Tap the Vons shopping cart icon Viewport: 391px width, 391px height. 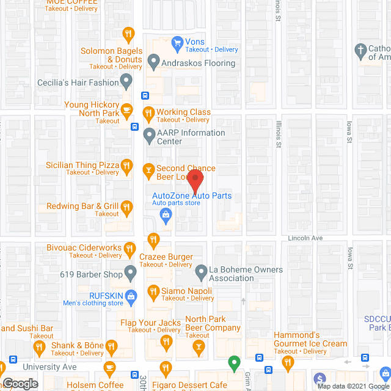[x=178, y=42]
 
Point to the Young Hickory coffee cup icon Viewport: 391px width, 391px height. [x=126, y=110]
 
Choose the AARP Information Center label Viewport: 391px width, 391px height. [x=191, y=137]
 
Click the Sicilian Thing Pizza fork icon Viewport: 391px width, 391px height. [x=126, y=165]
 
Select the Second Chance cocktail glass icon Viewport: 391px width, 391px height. [x=148, y=169]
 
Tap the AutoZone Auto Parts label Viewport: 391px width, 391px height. [x=192, y=195]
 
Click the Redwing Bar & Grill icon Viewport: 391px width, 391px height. [x=126, y=206]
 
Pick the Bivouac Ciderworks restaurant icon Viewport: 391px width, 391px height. [x=130, y=248]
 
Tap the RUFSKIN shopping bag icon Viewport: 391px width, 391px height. [x=130, y=296]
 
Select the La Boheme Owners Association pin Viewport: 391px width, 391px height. [x=202, y=270]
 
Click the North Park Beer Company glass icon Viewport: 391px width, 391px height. [x=198, y=347]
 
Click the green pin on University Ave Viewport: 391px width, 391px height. [x=233, y=364]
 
